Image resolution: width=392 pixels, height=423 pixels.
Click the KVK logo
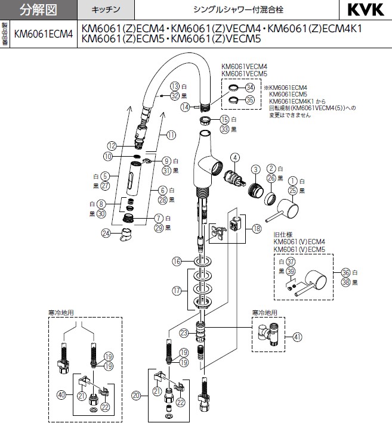pyautogui.click(x=362, y=10)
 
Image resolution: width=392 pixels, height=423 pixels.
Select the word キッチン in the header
pyautogui.click(x=105, y=10)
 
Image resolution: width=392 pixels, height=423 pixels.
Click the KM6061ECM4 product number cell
pyautogui.click(x=43, y=35)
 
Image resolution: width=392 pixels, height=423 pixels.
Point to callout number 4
pyautogui.click(x=235, y=158)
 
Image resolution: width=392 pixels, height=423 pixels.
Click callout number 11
pyautogui.click(x=172, y=135)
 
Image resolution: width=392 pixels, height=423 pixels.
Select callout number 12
pyautogui.click(x=111, y=145)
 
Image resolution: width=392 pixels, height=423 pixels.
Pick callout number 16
pyautogui.click(x=177, y=261)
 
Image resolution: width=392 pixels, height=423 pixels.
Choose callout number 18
pyautogui.click(x=257, y=228)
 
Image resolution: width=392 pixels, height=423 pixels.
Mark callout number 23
pyautogui.click(x=184, y=332)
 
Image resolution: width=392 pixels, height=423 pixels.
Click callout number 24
pyautogui.click(x=107, y=233)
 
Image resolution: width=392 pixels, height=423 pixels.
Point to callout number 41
pyautogui.click(x=298, y=337)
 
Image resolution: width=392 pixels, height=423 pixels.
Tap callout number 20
pyautogui.click(x=136, y=394)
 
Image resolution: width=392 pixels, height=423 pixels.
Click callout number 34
pyautogui.click(x=250, y=87)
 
